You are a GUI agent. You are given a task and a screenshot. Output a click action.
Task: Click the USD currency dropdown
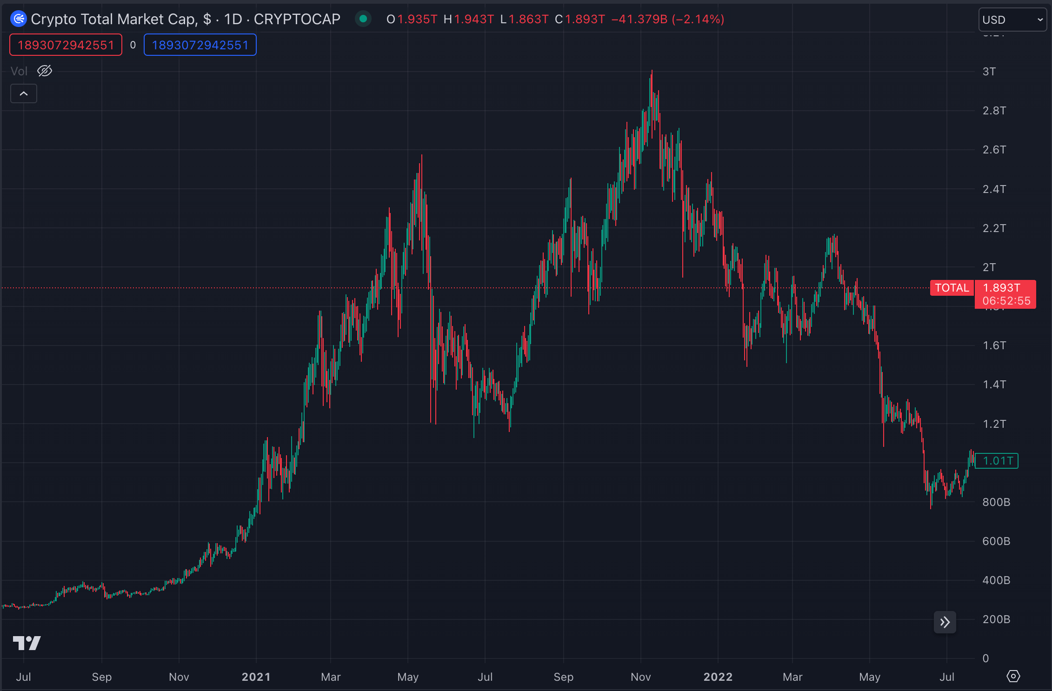point(1012,20)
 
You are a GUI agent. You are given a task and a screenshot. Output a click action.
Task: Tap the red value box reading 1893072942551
point(66,45)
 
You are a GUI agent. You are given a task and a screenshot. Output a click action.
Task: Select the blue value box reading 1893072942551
point(200,45)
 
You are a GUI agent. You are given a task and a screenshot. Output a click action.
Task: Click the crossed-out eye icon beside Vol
point(45,71)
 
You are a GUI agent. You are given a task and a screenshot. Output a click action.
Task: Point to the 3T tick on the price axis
point(989,72)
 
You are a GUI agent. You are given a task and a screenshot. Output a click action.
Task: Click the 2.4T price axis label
point(994,189)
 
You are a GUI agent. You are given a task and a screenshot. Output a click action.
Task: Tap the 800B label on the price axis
point(996,502)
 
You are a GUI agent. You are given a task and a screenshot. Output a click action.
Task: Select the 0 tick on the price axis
point(985,658)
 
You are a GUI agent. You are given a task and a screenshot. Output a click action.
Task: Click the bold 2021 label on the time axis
point(256,677)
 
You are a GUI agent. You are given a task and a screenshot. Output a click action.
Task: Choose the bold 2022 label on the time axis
point(718,677)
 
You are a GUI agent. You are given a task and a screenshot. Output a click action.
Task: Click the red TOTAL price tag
point(952,288)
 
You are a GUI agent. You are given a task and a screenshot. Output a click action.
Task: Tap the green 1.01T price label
point(997,461)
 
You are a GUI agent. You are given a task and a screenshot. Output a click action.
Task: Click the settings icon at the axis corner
point(1013,676)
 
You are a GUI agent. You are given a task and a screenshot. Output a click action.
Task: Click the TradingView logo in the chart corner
point(27,643)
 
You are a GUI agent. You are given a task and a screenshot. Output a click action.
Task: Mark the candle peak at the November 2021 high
point(652,71)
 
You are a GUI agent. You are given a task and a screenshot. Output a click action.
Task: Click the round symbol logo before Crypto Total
point(19,19)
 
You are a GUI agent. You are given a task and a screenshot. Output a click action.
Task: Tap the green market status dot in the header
point(363,19)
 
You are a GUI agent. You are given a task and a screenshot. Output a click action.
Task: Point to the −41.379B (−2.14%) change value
point(667,20)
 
